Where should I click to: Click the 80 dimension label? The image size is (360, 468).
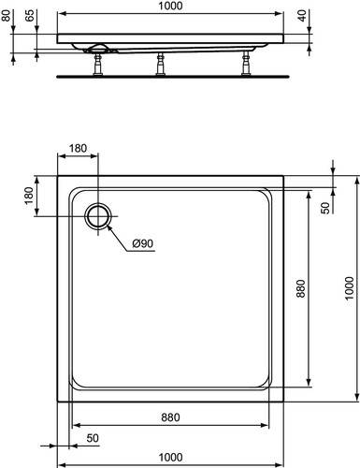click(6, 15)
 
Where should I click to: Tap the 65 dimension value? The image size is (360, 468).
click(29, 15)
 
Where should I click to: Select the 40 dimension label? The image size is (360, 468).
click(302, 15)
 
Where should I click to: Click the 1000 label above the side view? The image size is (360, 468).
click(170, 6)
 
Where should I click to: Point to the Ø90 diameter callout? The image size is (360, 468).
click(143, 243)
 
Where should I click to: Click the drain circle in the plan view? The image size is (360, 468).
click(98, 216)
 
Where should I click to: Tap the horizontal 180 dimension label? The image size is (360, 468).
click(78, 148)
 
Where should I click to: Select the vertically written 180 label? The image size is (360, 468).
click(29, 196)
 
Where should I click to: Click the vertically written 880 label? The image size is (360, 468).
click(301, 288)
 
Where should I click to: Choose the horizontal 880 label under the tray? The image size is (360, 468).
click(170, 417)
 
